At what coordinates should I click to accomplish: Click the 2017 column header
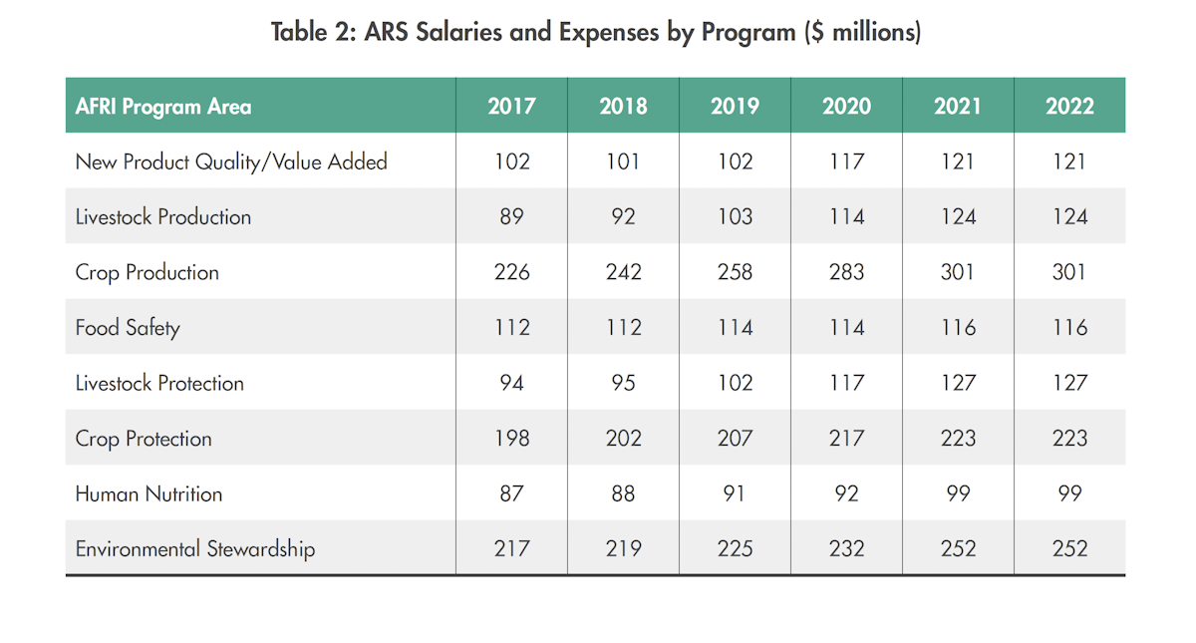(x=511, y=106)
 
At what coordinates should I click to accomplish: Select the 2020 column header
(x=846, y=106)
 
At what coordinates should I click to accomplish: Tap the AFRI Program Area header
(x=163, y=106)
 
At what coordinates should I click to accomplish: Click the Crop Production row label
(x=148, y=272)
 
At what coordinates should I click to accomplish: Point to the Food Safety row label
(x=128, y=328)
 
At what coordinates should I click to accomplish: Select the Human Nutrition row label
(x=149, y=493)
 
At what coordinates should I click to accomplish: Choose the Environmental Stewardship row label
(x=195, y=548)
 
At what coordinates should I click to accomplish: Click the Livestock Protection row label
(x=159, y=383)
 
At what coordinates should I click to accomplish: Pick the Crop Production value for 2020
(x=846, y=272)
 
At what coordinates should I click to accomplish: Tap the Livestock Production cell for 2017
(x=511, y=216)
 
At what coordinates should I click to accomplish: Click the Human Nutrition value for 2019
(x=735, y=493)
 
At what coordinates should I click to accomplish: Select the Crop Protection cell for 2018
(x=623, y=438)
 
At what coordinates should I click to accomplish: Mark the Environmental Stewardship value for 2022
(x=1069, y=548)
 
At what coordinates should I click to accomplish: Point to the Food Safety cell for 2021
(x=958, y=328)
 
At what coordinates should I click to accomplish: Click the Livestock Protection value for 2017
(x=511, y=383)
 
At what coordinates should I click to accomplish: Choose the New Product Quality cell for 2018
(x=623, y=161)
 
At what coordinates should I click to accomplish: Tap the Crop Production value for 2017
(x=511, y=272)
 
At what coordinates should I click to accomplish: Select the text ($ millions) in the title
(x=863, y=33)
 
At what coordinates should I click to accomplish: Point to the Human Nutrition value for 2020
(x=846, y=493)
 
